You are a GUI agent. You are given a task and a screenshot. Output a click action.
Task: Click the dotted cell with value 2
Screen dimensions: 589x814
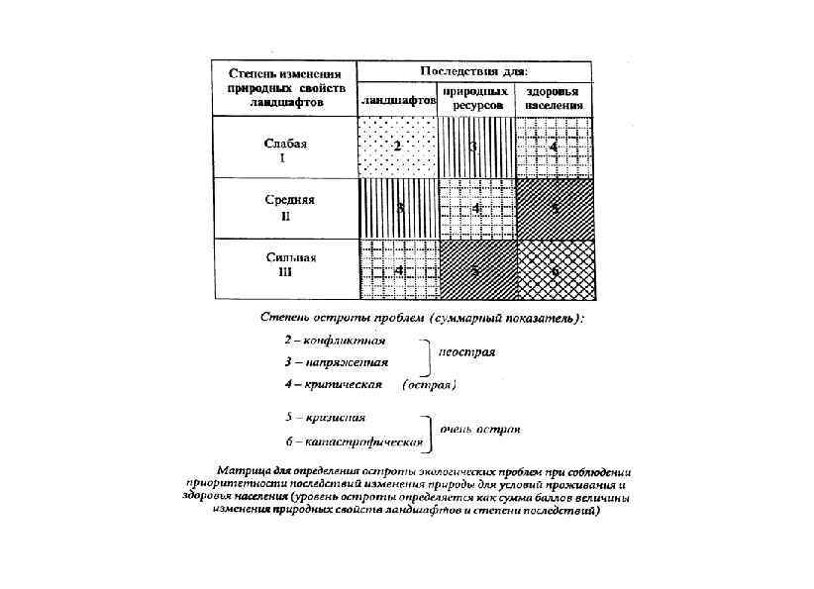(396, 147)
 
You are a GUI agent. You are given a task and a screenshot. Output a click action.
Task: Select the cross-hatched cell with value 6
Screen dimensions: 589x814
(555, 269)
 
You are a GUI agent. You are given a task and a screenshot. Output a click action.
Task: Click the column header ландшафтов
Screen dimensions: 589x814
(398, 101)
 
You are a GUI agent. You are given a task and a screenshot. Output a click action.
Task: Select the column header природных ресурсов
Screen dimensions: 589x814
(476, 96)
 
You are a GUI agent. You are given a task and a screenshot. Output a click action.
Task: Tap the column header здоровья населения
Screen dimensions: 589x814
(554, 96)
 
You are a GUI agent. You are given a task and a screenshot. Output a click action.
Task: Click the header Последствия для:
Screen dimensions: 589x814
(473, 70)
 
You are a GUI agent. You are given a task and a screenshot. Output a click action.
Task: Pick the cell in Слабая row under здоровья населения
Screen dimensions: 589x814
(554, 147)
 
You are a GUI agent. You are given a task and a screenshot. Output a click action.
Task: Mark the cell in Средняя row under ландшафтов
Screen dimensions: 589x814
(397, 208)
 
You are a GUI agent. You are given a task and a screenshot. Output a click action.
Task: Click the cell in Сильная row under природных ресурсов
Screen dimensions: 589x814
(475, 269)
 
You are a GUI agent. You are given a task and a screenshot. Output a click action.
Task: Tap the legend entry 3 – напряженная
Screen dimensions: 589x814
(332, 362)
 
